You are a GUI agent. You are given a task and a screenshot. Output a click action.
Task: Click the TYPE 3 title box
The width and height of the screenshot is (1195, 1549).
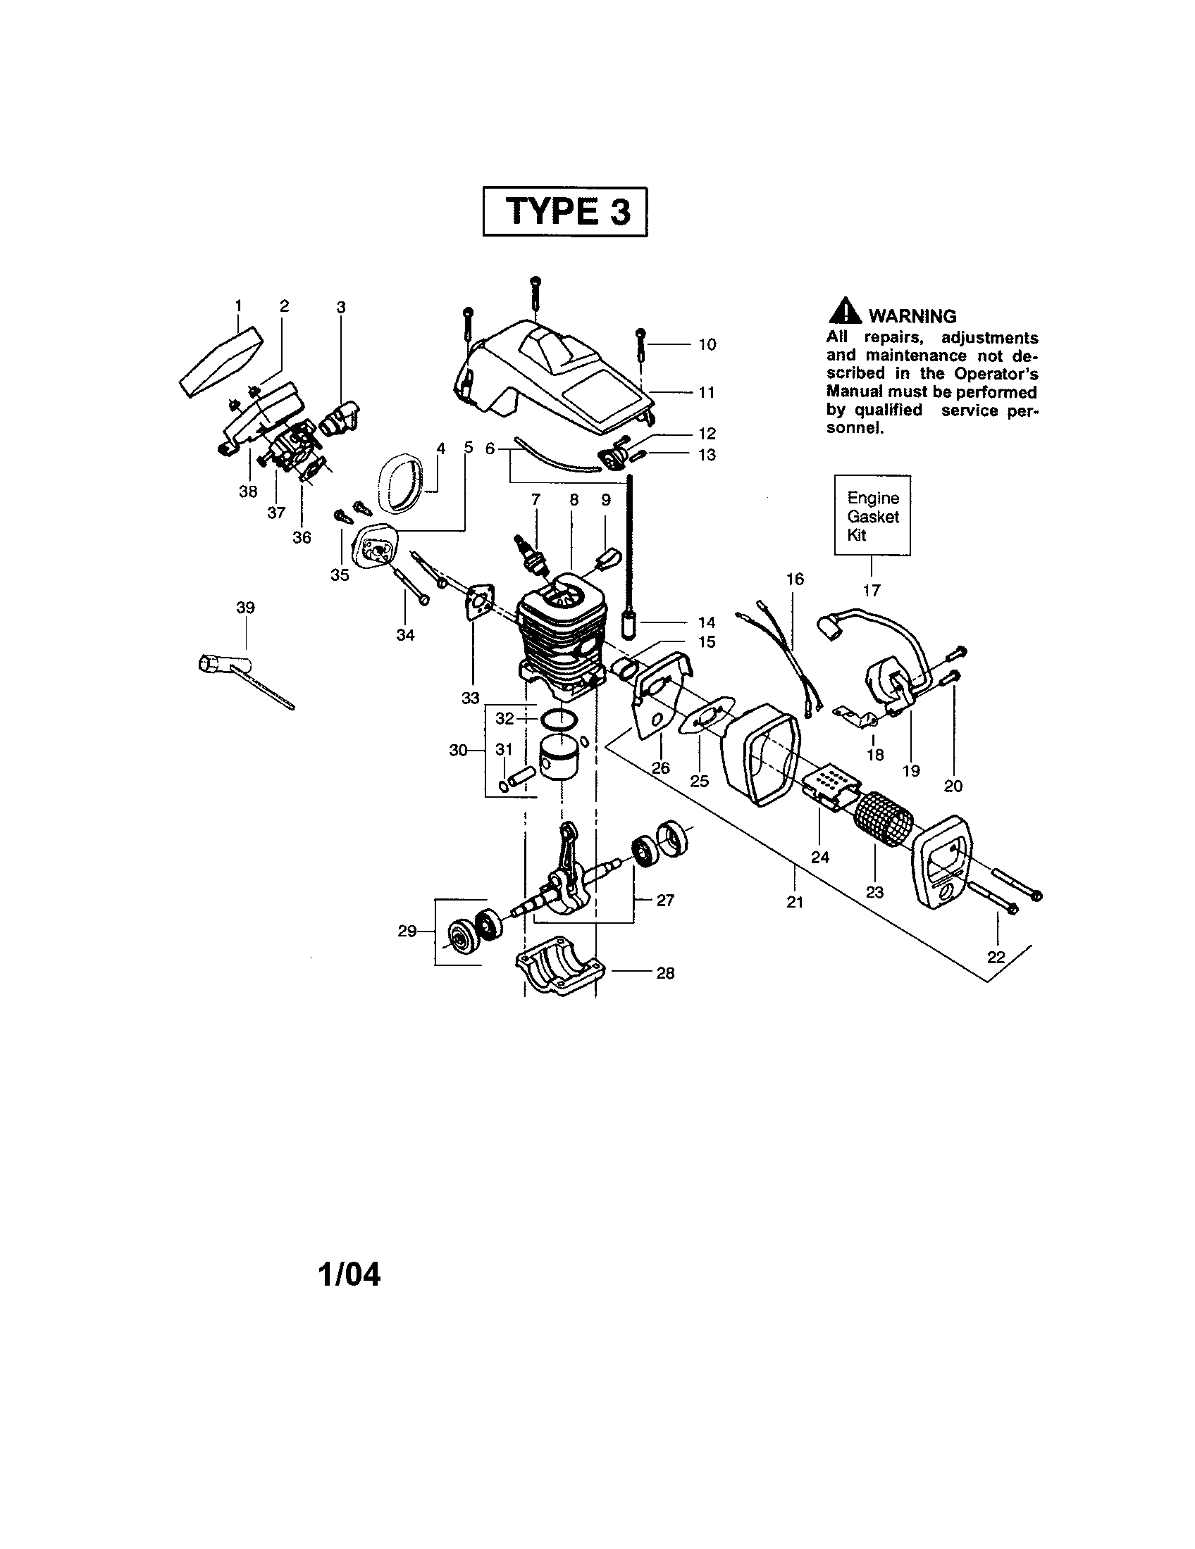pyautogui.click(x=565, y=211)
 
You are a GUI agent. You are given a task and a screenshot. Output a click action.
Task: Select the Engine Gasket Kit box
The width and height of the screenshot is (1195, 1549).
pyautogui.click(x=872, y=515)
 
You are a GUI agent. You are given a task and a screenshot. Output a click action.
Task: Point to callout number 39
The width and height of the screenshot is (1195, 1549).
pyautogui.click(x=245, y=608)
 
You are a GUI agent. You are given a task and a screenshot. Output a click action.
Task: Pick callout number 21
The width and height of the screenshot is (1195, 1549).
pyautogui.click(x=795, y=902)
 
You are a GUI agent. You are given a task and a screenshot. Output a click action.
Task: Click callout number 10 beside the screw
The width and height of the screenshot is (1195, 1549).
pyautogui.click(x=707, y=345)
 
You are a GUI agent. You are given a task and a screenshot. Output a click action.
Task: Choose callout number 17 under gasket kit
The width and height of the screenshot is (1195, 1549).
pyautogui.click(x=872, y=590)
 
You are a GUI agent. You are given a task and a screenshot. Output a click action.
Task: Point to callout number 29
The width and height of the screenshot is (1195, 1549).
pyautogui.click(x=407, y=932)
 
